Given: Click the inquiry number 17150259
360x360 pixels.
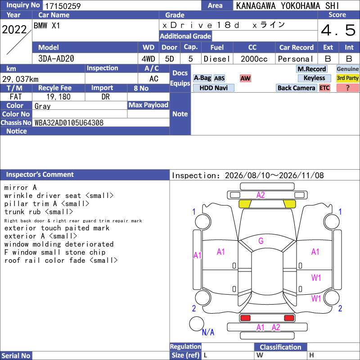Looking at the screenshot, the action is [x=63, y=6].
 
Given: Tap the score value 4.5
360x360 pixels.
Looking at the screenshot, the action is [x=338, y=30].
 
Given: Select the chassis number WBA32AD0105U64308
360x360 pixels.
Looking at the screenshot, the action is [x=69, y=122].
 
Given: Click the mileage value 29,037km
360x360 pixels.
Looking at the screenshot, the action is [x=20, y=79].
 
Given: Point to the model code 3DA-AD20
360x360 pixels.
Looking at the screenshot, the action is [x=56, y=58].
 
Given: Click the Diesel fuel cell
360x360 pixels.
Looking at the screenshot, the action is [x=217, y=59].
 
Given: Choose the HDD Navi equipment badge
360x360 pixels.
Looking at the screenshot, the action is [x=213, y=88].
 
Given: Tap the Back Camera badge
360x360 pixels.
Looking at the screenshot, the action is [x=296, y=88].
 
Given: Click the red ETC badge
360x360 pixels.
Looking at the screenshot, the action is [x=324, y=88].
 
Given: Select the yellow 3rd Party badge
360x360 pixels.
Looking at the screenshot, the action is [x=347, y=78].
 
